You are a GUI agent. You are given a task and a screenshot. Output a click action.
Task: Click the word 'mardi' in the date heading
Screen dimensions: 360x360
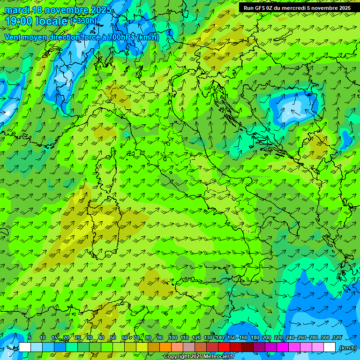click(x=15, y=10)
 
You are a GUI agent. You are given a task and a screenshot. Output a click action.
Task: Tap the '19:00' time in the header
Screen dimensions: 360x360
click(x=20, y=21)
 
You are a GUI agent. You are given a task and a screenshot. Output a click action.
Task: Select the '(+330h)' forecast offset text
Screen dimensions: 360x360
click(x=83, y=21)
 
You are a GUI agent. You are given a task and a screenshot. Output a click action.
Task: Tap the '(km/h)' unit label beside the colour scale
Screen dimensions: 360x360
click(x=347, y=348)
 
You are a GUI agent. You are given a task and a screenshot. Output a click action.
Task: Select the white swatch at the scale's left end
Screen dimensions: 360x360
click(x=25, y=347)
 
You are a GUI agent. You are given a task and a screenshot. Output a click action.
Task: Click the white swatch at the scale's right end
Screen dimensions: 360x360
click(x=330, y=347)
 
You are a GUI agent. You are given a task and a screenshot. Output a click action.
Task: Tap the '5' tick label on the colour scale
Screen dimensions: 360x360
click(x=30, y=337)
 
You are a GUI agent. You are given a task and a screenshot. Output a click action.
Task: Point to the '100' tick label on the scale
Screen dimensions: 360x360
click(x=173, y=337)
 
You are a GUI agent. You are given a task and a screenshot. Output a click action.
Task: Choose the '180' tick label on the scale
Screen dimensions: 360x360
click(x=255, y=337)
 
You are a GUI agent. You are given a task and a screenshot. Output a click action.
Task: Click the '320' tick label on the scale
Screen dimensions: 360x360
click(x=337, y=337)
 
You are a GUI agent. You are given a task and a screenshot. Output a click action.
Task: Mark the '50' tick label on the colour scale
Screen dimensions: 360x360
click(x=112, y=337)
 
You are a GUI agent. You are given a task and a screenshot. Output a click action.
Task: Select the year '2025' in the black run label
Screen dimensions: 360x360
click(x=341, y=8)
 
